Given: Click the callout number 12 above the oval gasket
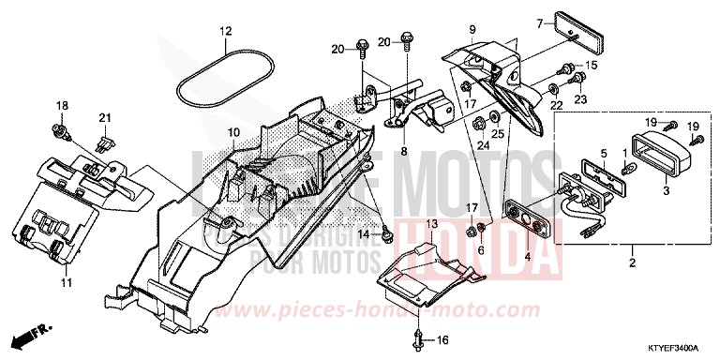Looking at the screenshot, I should pos(225,31).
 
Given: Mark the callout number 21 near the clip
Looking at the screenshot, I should pos(105,118).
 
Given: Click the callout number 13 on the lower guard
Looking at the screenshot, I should pos(432,225).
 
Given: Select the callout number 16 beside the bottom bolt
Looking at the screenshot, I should pos(444,339).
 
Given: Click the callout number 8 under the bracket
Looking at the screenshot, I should pos(404,151).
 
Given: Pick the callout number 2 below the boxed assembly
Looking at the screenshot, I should pos(631,262).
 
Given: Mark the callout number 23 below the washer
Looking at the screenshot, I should pos(579,99).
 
